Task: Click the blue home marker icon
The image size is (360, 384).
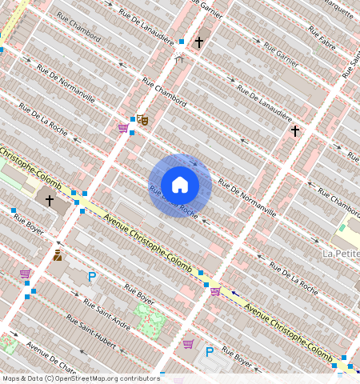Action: pos(180,185)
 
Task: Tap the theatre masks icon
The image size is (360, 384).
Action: pos(143,120)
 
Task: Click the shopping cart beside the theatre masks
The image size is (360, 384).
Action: pos(123,128)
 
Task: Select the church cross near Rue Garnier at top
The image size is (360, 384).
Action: pos(199,41)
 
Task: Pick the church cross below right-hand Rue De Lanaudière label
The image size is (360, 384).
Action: pos(294,130)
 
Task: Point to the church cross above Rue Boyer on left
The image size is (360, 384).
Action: pos(50,200)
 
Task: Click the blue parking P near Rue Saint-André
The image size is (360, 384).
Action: pos(92,277)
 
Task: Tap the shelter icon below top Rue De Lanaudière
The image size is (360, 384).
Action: pos(179,58)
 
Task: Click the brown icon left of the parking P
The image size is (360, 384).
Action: pos(58,256)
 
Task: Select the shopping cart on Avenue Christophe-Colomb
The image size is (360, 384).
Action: pos(215,291)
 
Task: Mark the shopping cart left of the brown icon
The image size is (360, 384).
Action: pos(25,274)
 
